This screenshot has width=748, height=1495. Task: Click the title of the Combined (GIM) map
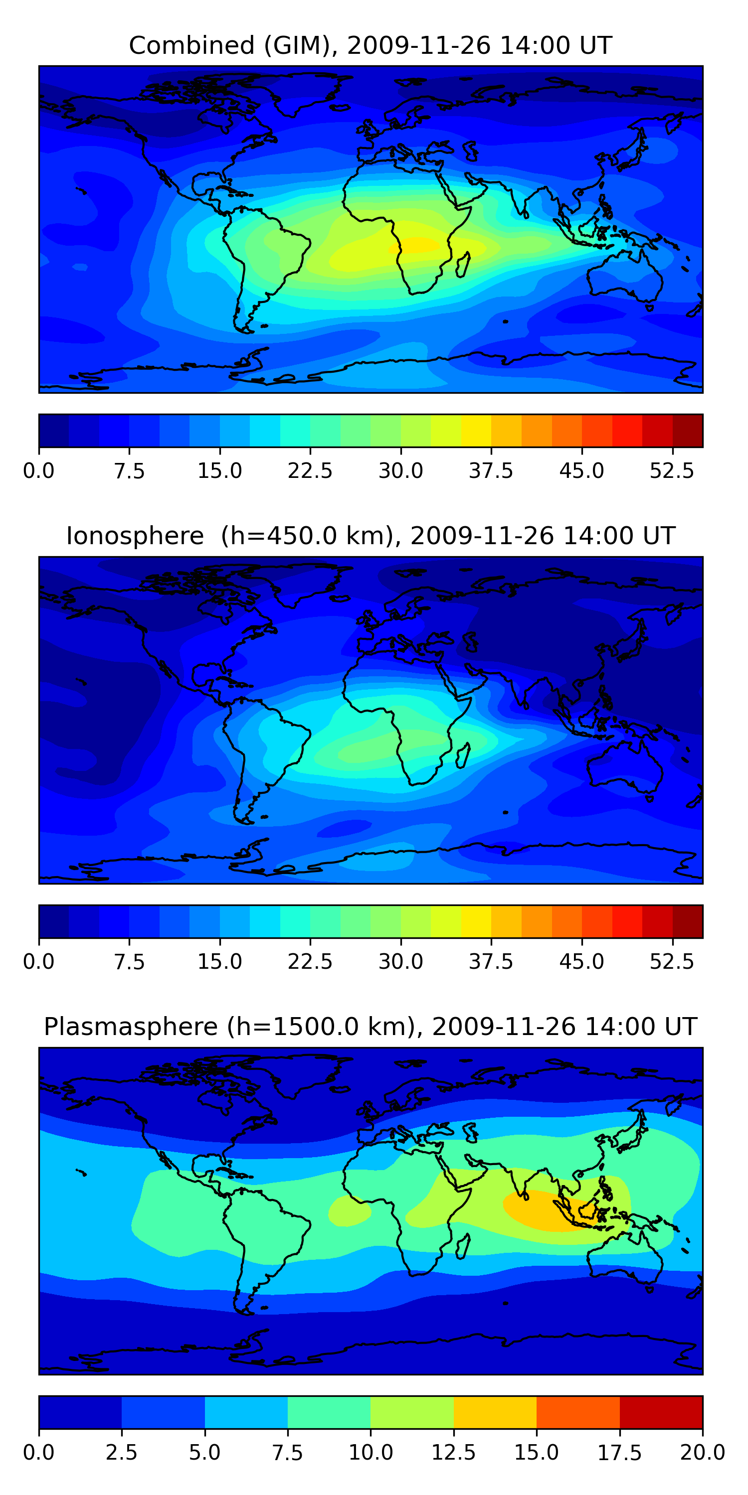point(371,45)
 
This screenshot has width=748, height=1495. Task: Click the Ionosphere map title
point(371,536)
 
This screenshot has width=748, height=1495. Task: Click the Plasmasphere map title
point(371,1026)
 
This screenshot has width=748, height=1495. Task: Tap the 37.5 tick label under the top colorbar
point(491,470)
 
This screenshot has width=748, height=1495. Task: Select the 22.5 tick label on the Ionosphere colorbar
point(310,961)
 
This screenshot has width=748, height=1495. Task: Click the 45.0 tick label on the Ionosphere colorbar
point(581,961)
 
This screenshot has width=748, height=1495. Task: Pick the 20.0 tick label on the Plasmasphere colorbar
point(702,1452)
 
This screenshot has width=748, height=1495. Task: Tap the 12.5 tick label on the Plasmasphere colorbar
point(454,1452)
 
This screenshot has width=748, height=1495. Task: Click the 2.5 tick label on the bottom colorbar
point(121,1452)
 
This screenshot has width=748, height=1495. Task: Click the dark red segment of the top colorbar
point(688,431)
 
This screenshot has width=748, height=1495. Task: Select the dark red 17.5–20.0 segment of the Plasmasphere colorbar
point(661,1411)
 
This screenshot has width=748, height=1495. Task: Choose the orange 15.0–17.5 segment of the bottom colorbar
point(578,1411)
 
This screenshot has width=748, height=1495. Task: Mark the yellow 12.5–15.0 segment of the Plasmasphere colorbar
point(495,1411)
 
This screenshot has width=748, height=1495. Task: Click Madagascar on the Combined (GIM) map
point(463,264)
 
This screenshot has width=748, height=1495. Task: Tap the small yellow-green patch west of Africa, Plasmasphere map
point(349,1210)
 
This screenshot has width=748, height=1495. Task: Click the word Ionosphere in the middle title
point(135,536)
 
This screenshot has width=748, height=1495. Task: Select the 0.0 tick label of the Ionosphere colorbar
point(39,961)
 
